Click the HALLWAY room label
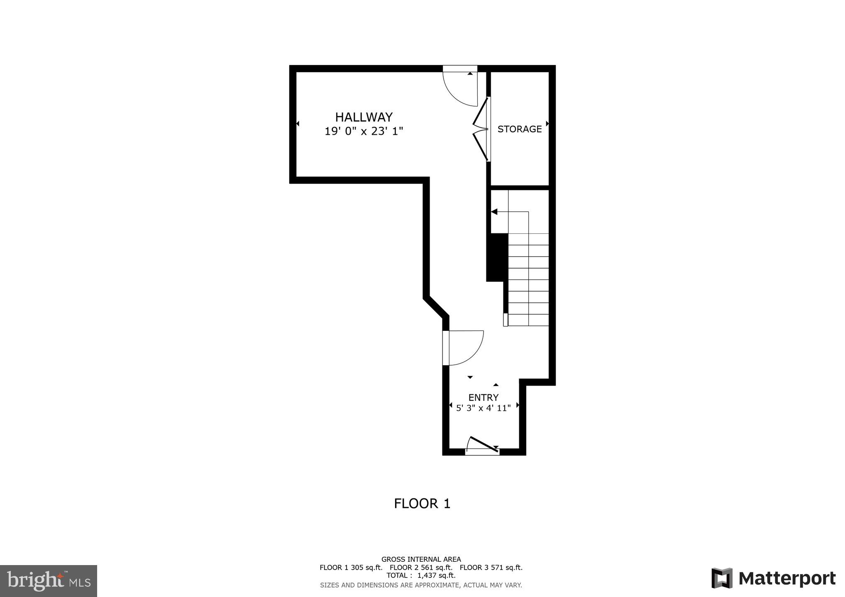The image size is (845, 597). click(364, 117)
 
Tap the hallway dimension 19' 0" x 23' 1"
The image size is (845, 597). click(364, 131)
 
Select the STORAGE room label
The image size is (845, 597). click(520, 129)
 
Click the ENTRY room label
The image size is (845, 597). click(483, 398)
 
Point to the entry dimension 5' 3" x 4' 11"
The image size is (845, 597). click(483, 408)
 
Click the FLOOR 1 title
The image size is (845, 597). click(422, 504)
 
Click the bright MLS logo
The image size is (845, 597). click(48, 580)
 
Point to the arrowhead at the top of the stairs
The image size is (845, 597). click(494, 212)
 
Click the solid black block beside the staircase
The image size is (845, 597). click(497, 257)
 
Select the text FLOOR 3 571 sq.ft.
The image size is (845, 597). click(491, 568)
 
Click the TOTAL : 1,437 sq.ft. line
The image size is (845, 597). click(421, 575)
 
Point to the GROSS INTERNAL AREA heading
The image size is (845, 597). click(421, 559)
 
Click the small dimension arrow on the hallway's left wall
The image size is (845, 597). click(298, 124)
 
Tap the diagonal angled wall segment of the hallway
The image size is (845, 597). click(436, 308)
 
